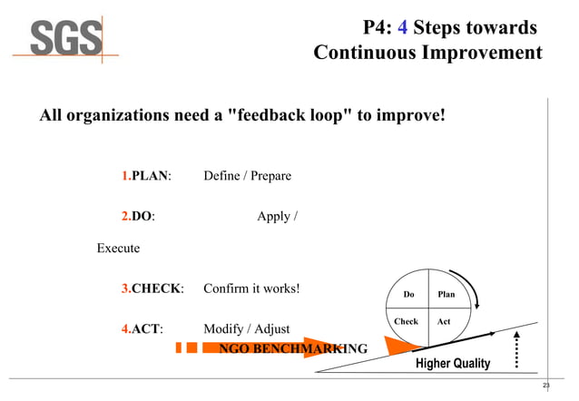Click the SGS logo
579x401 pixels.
[x=66, y=40]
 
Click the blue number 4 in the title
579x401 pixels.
[x=398, y=27]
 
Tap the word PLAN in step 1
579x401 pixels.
[x=151, y=175]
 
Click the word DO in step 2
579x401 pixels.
[x=142, y=216]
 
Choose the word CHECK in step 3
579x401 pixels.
[x=156, y=289]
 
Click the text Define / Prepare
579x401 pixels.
[x=247, y=175]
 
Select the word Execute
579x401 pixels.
[x=118, y=248]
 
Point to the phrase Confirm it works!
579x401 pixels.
[x=251, y=289]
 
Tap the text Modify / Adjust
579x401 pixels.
[x=246, y=328]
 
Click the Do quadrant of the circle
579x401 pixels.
[x=408, y=294]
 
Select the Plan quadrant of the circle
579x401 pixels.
[x=447, y=294]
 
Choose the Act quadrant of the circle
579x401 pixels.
[x=444, y=321]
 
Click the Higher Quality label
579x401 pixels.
[x=452, y=364]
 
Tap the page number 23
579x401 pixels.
[x=545, y=386]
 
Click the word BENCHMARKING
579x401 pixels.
[x=309, y=349]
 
